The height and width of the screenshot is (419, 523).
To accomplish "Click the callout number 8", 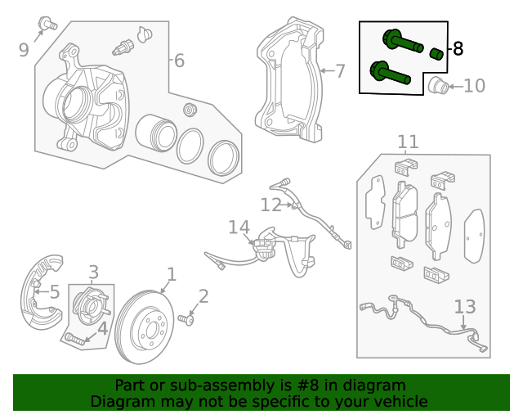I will (x=458, y=49).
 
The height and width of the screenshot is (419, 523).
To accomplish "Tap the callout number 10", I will (x=474, y=85).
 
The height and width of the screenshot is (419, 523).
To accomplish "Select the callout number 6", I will (x=179, y=61).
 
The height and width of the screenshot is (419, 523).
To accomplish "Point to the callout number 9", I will (x=24, y=51).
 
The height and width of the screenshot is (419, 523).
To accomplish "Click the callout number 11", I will (x=408, y=143).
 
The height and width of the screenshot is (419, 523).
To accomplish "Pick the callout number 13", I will (x=464, y=307).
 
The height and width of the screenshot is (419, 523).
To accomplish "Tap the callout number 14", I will (x=238, y=227).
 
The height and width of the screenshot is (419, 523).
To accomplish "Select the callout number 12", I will (x=270, y=205).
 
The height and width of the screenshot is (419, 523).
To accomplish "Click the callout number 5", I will (x=54, y=291).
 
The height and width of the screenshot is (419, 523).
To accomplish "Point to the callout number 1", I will (x=172, y=274).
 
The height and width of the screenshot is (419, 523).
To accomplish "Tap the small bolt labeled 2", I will (x=190, y=320).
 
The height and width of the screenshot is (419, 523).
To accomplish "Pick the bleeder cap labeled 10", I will (x=437, y=85).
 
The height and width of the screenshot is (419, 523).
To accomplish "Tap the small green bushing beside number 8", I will (x=436, y=54).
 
